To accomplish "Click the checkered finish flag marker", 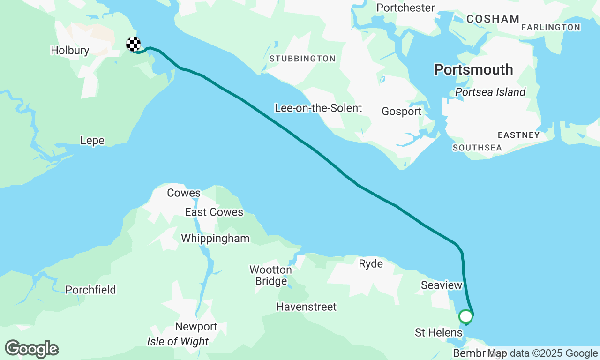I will [x=134, y=44].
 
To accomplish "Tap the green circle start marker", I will [x=465, y=316].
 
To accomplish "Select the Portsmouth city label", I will [x=473, y=70].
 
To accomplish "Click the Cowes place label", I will [x=184, y=193].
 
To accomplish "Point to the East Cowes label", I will [x=214, y=212].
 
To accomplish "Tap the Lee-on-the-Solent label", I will [x=318, y=108].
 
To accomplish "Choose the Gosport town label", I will [x=402, y=112].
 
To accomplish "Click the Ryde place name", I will [x=371, y=264].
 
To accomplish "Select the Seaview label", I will [x=441, y=285].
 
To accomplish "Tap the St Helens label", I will [x=438, y=333].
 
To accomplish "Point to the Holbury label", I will [x=70, y=51].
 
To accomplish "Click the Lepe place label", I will [x=92, y=141].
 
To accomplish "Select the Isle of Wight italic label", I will [x=178, y=342].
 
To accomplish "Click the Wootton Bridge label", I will [x=271, y=276].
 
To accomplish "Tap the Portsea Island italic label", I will [x=490, y=92].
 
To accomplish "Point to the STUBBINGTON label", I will [x=302, y=59].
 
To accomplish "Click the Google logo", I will [x=32, y=349].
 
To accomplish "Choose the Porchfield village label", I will [x=90, y=290].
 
